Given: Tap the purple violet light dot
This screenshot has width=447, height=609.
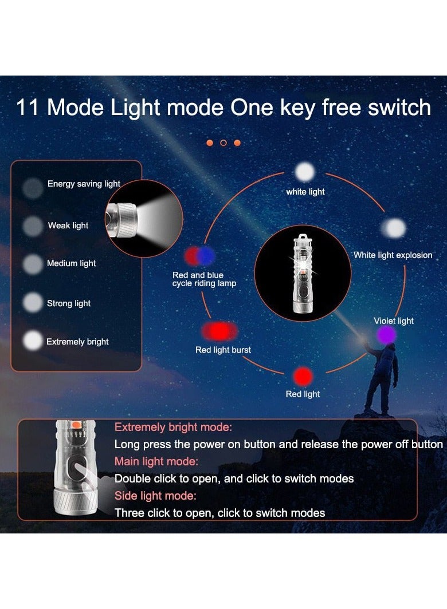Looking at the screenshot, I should tap(387, 335).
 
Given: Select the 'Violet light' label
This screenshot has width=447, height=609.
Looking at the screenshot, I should tap(394, 321).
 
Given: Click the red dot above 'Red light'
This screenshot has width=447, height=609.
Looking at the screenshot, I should tap(303, 377).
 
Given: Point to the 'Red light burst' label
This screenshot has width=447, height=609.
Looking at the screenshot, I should tap(223, 350).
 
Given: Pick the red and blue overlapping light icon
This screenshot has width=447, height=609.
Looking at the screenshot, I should tap(200, 256).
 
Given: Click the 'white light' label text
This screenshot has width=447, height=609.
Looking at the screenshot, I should tap(305, 192).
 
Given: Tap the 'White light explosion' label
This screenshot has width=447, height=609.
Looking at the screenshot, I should tap(393, 255).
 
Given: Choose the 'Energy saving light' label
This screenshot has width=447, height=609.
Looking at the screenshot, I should tap(84, 184).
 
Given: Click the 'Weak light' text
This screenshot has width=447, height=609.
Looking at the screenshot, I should tap(68, 226).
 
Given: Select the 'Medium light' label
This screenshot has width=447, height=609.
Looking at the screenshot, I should tap(72, 263).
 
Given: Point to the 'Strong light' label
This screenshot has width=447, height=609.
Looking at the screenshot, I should tap(69, 303).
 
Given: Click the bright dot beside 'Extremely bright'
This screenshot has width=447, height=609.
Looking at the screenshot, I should tap(33, 341).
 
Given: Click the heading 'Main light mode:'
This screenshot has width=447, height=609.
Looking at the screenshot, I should tap(156, 461).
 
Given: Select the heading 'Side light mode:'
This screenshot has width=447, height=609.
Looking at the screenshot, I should tap(155, 496).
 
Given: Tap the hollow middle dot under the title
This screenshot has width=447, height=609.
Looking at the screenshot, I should tap(223, 143).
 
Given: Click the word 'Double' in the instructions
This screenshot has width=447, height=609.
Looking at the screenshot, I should tap(131, 478).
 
